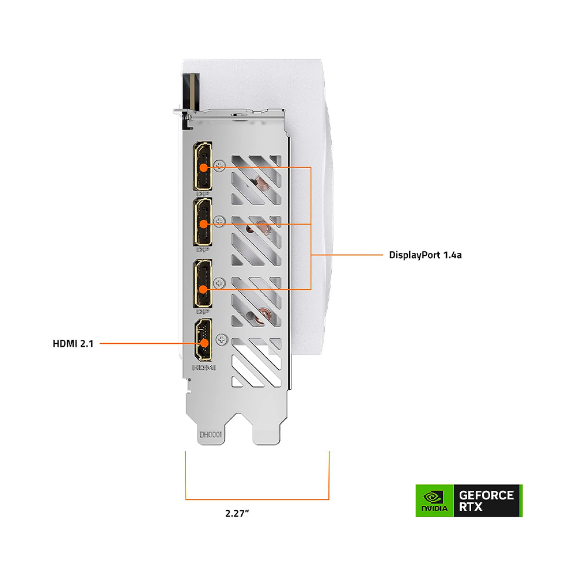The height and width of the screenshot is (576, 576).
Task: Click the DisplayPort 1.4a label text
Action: pyautogui.click(x=425, y=255)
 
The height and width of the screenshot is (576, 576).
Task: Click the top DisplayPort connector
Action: pyautogui.click(x=203, y=166)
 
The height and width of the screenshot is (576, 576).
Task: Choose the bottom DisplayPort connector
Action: pyautogui.click(x=203, y=283)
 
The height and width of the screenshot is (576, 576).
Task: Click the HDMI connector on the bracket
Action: pyautogui.click(x=202, y=342)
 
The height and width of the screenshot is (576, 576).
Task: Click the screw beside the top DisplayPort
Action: pyautogui.click(x=219, y=166)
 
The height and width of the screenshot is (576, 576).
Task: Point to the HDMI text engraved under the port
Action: pyautogui.click(x=203, y=367)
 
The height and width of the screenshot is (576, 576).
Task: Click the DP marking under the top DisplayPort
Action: pyautogui.click(x=202, y=194)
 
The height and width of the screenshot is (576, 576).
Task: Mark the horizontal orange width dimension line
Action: pyautogui.click(x=257, y=499)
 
